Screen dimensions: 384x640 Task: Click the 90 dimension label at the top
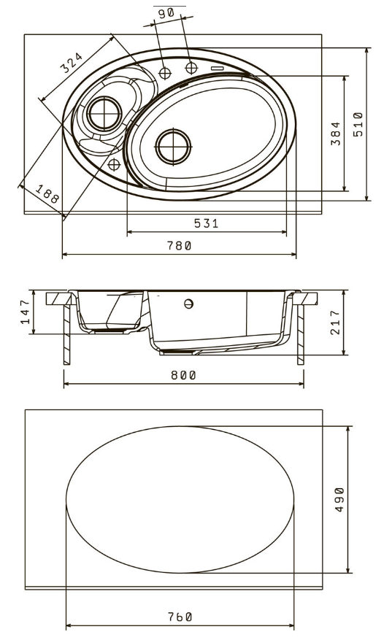click(x=166, y=13)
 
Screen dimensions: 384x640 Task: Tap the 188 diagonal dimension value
click(x=47, y=194)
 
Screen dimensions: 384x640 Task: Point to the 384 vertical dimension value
click(x=336, y=133)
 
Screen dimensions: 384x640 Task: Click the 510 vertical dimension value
click(x=358, y=125)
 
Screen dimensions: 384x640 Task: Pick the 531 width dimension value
click(x=207, y=223)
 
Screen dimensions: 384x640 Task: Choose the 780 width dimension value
click(x=180, y=246)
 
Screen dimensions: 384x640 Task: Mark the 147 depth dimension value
click(x=26, y=312)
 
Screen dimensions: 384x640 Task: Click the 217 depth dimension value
click(x=335, y=322)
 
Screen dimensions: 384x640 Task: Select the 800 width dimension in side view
click(x=183, y=375)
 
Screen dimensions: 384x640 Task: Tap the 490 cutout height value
click(x=339, y=499)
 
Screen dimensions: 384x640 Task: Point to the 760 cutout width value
click(x=180, y=617)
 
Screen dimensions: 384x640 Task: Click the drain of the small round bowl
click(x=104, y=113)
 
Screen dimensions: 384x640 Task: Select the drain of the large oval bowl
click(x=173, y=147)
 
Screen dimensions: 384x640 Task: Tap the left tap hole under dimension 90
click(x=165, y=74)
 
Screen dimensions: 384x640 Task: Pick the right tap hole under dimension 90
click(x=191, y=68)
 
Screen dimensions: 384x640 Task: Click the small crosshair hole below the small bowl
click(x=114, y=164)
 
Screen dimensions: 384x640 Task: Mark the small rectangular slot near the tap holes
click(x=218, y=68)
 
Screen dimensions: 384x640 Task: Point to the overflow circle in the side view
click(x=188, y=304)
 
